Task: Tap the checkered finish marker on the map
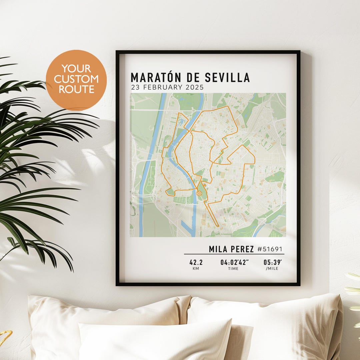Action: pos(199,193)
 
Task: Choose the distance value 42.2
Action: pos(196,262)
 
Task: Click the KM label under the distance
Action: pos(196,268)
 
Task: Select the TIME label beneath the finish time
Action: pos(233,268)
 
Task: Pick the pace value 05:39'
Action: pos(271,262)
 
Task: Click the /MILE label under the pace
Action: pos(272,268)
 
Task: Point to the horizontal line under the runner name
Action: pos(234,254)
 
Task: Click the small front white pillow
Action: pos(155,340)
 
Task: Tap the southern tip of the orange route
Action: pos(218,226)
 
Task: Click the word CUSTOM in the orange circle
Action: pos(76,79)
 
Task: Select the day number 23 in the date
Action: pos(135,88)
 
